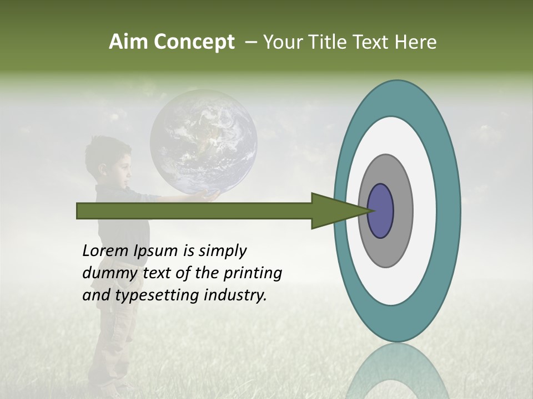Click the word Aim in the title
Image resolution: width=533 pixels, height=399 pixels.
point(129,42)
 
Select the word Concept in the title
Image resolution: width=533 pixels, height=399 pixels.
point(194,43)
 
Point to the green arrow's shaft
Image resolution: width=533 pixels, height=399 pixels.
point(194,211)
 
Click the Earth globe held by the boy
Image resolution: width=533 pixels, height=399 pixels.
point(203,141)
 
